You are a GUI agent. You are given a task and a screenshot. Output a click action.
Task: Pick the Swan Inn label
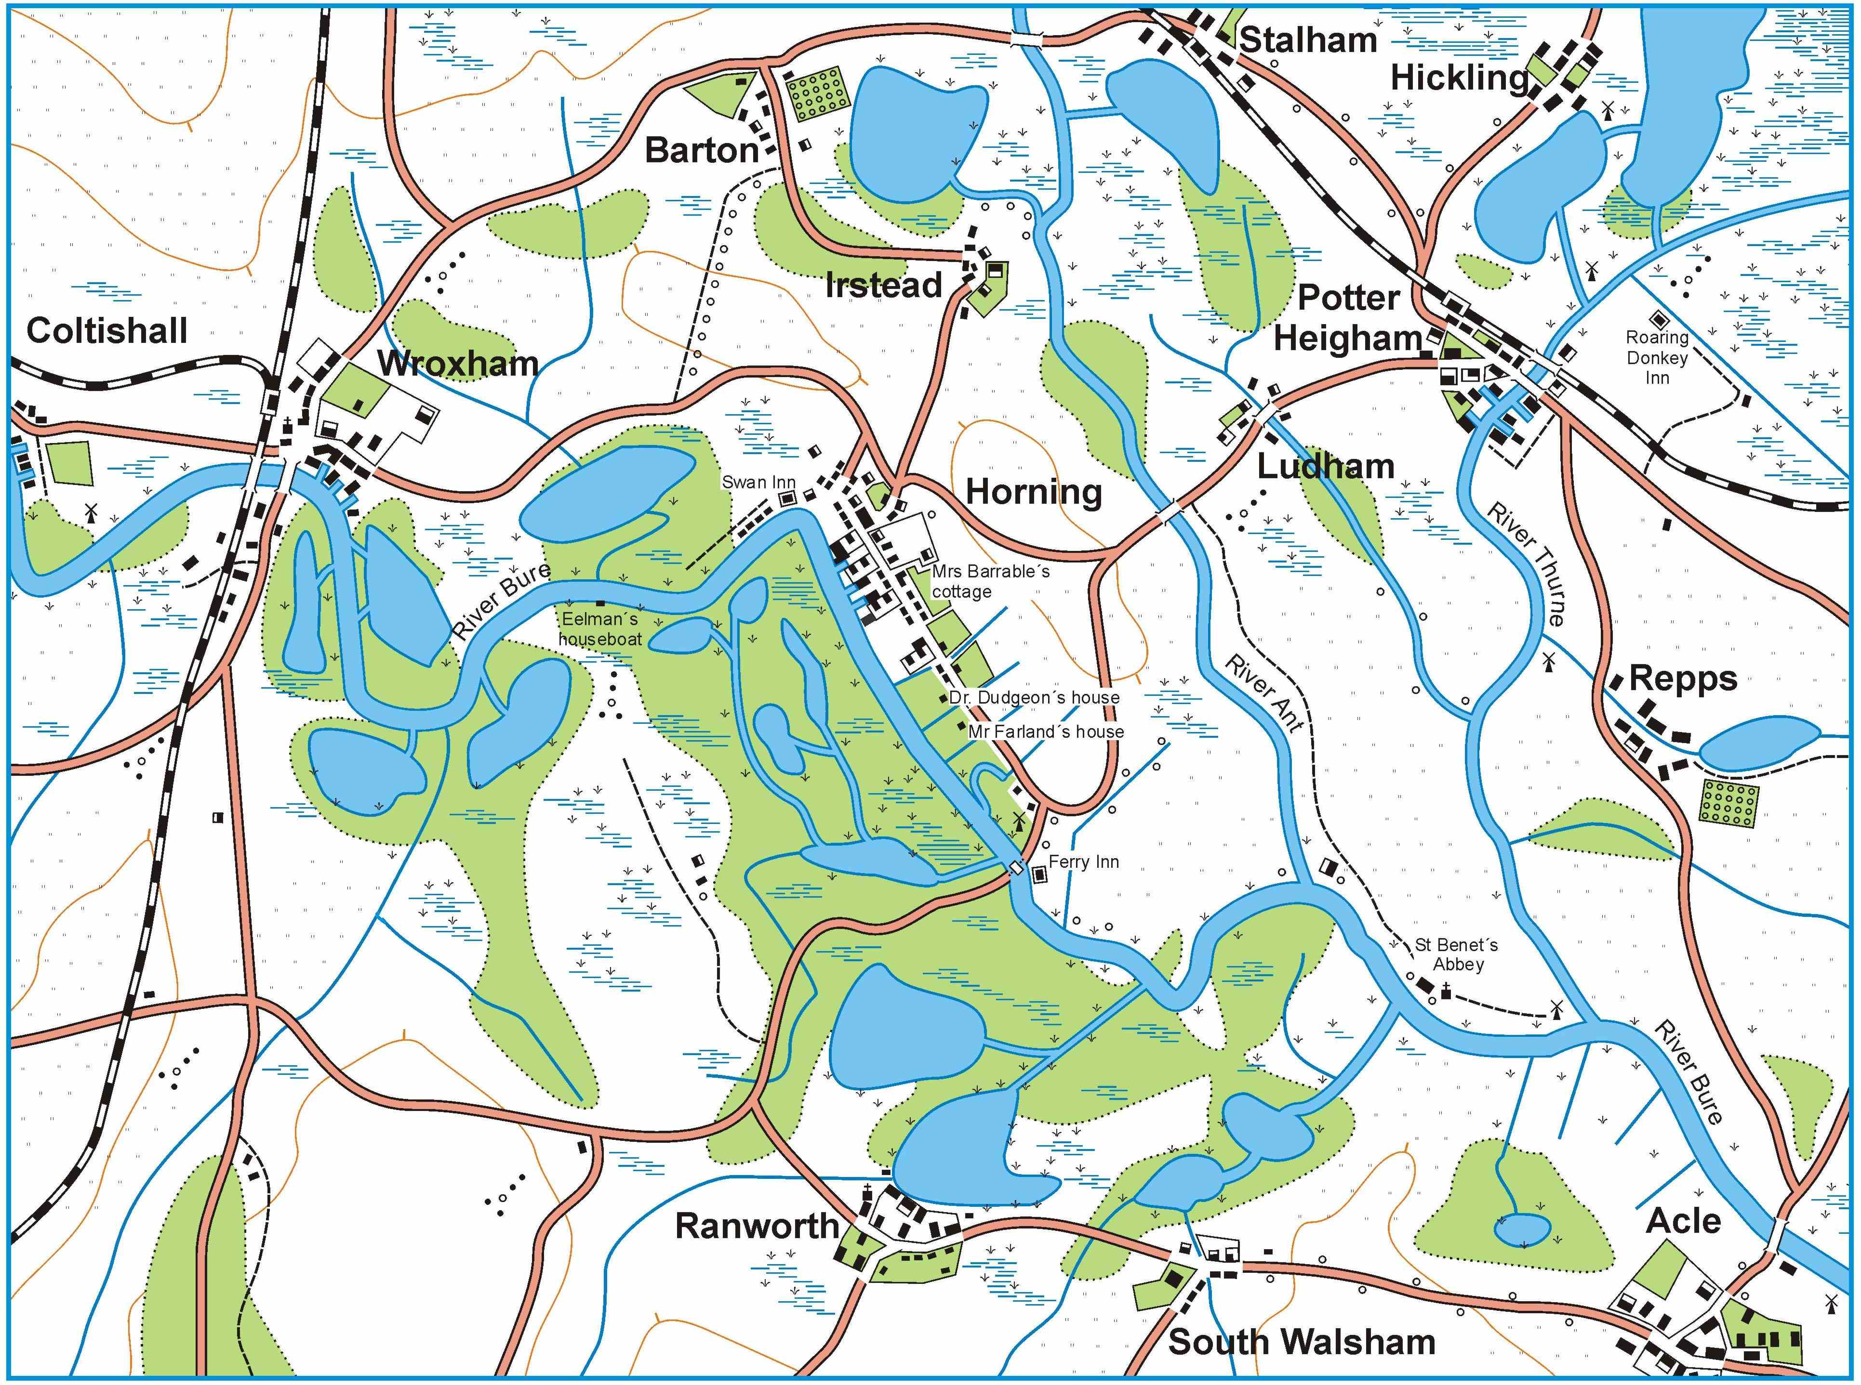tap(758, 482)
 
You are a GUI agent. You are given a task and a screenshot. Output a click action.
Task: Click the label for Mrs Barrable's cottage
tap(990, 582)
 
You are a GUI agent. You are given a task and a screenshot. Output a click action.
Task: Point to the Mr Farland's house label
tap(1045, 732)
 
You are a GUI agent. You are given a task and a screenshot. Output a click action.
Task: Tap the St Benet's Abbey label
tap(1457, 955)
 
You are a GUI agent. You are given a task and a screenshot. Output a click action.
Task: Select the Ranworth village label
tap(757, 1227)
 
